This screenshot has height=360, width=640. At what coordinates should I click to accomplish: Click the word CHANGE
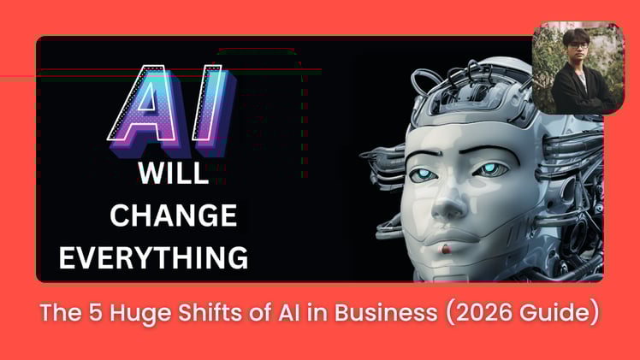tap(173, 215)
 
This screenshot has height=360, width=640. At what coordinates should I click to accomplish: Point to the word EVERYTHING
tap(154, 256)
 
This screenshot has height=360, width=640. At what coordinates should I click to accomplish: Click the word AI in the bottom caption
tap(275, 314)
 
